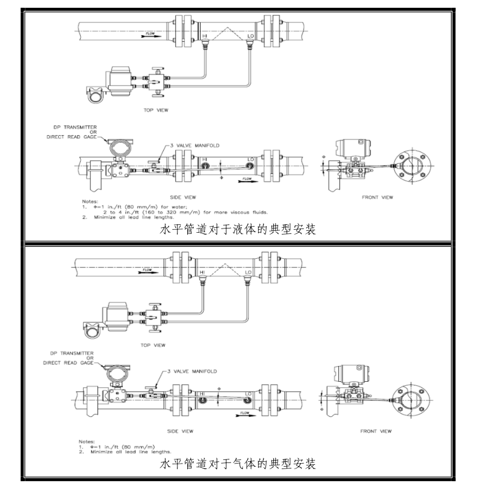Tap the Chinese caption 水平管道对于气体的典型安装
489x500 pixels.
(x=238, y=464)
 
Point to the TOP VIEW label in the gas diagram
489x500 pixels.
(x=153, y=345)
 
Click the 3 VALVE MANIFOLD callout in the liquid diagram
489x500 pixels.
(x=196, y=146)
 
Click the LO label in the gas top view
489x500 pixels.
(x=248, y=272)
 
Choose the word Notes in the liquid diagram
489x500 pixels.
(x=89, y=201)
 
